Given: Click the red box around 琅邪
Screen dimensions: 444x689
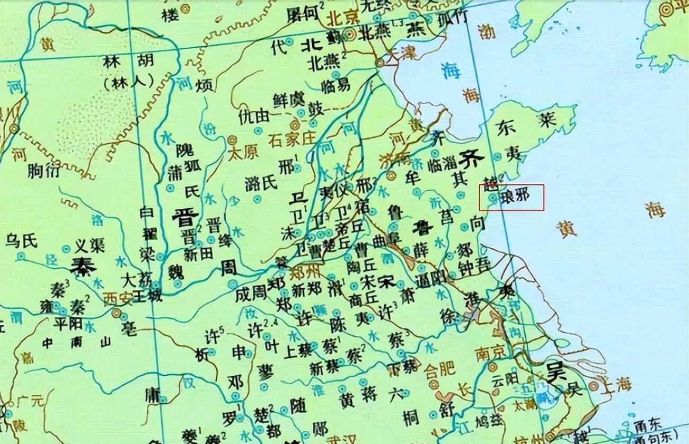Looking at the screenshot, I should (511, 197).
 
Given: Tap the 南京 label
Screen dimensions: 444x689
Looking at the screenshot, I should (490, 351).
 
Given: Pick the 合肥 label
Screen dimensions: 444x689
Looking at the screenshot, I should (440, 368).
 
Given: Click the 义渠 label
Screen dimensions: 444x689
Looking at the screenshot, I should (89, 245).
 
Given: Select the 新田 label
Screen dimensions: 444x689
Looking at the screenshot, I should (199, 253).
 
